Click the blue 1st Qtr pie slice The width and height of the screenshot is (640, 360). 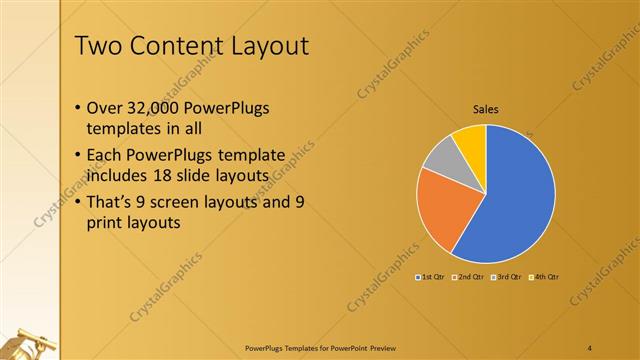point(515,195)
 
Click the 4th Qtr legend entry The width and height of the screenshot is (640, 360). point(546,275)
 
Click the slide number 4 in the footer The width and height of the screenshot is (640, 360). point(590,346)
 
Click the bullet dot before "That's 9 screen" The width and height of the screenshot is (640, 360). point(80,202)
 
